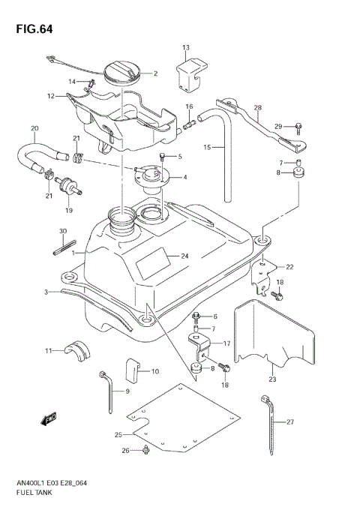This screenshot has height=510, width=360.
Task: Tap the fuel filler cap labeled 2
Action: (121, 73)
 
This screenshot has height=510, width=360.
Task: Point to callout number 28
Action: (257, 108)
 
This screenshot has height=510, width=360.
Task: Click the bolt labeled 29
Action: (297, 125)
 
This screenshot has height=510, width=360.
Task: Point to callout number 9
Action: (127, 391)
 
